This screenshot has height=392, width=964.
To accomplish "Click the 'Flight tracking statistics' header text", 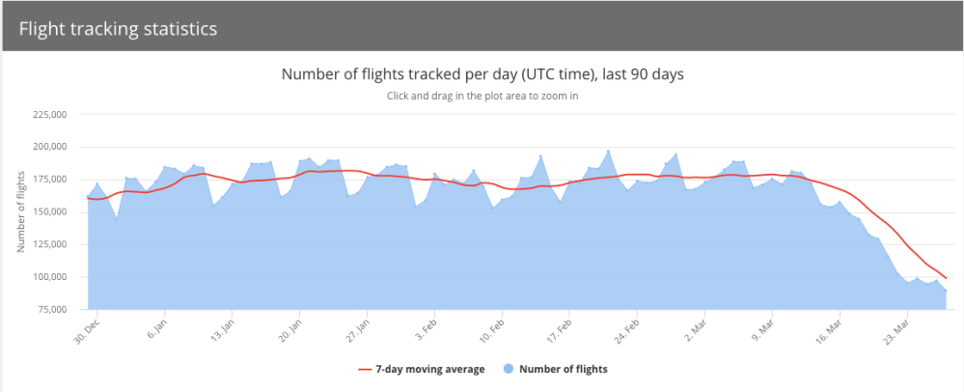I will pos(117,28).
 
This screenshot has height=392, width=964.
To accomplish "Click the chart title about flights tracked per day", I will pos(482,74).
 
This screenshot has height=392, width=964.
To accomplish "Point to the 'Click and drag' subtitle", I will pos(482,96).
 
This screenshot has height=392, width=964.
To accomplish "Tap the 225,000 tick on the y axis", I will pos(50,115).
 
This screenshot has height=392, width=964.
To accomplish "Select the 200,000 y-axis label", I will pos(50,147).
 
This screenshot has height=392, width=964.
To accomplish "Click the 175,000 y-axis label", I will pos(50,180).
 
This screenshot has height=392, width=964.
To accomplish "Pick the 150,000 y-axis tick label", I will pos(50,211).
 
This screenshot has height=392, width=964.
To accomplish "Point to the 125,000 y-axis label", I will pos(50,244).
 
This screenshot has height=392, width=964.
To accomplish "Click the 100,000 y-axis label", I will pos(50,277).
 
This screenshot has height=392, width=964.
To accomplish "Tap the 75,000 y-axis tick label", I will pos(52,309).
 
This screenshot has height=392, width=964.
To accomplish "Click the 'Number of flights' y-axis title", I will pos(20,212).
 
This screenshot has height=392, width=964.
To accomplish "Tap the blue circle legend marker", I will pos(509,369).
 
